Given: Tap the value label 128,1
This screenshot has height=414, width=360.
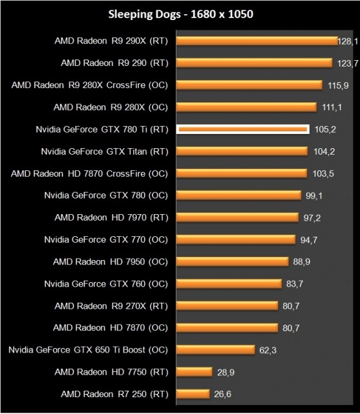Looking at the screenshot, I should click(x=347, y=41).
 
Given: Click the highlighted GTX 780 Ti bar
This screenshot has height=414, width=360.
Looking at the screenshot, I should click(x=243, y=129).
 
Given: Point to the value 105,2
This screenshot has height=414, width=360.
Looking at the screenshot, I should click(x=324, y=129).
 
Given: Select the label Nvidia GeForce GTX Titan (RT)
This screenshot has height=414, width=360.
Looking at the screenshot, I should click(x=104, y=151).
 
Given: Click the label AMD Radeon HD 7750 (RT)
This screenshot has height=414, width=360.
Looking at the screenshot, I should click(x=111, y=371).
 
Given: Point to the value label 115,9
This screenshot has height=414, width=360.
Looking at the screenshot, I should click(x=337, y=85).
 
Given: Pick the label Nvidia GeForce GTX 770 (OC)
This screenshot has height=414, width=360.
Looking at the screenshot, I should click(x=106, y=239).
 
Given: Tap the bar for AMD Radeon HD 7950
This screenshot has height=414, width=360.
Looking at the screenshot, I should click(x=232, y=261).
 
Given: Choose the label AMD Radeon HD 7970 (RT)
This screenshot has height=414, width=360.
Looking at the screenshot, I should click(x=111, y=217).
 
